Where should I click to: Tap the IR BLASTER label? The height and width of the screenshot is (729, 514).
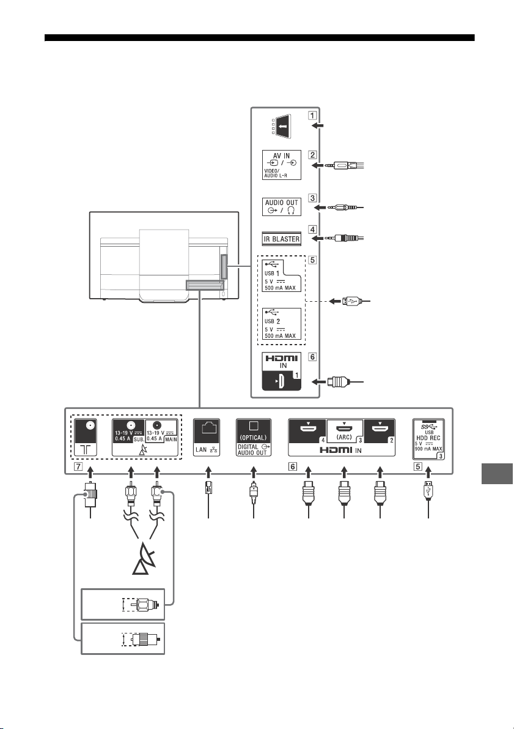[282, 239]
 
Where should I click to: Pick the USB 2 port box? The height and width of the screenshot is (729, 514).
[281, 324]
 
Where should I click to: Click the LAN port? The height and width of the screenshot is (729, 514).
[207, 438]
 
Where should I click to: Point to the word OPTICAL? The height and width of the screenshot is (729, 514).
[253, 438]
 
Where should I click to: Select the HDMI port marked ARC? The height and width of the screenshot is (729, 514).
[345, 430]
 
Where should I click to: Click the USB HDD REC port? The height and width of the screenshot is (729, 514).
[428, 439]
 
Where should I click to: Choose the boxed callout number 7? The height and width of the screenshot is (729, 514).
[78, 466]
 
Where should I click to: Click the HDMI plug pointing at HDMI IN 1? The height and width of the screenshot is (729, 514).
[338, 382]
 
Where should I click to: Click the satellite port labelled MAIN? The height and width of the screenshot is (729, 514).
[162, 431]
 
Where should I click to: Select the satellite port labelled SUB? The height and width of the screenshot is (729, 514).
[129, 431]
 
